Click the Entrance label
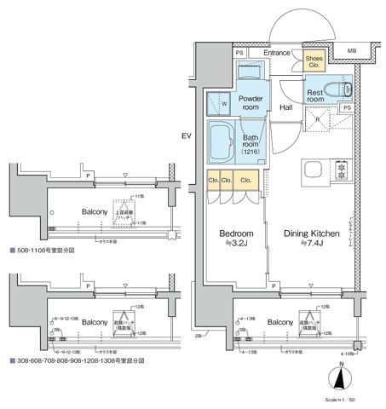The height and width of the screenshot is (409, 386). (x=278, y=53)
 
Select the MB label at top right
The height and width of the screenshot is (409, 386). (x=352, y=51)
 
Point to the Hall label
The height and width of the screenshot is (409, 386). (x=286, y=107)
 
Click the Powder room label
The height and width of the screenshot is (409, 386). (x=253, y=102)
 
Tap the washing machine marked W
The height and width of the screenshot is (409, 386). (x=224, y=105)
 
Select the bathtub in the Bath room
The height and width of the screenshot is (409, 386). (x=224, y=141)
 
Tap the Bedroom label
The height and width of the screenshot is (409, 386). (x=234, y=233)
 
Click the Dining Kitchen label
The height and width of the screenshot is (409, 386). (x=312, y=233)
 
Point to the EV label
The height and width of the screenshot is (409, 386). (x=187, y=136)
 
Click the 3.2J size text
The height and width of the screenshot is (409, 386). (x=235, y=245)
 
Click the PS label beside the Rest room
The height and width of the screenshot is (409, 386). (x=346, y=108)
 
